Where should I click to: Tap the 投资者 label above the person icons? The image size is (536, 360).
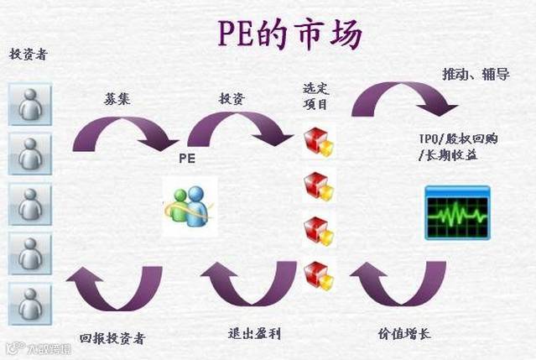[28, 55]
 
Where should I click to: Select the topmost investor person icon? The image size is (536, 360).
[30, 103]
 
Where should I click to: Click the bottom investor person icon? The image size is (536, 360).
[30, 303]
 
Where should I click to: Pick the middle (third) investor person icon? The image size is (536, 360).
[30, 204]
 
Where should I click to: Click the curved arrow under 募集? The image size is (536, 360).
[124, 133]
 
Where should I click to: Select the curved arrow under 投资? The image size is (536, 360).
[237, 130]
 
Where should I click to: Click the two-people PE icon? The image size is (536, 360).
[189, 205]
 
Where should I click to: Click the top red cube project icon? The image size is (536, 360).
[319, 143]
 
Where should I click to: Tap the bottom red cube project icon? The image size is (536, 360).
[319, 273]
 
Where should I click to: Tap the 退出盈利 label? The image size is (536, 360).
[254, 334]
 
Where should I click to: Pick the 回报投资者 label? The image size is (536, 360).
[112, 338]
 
